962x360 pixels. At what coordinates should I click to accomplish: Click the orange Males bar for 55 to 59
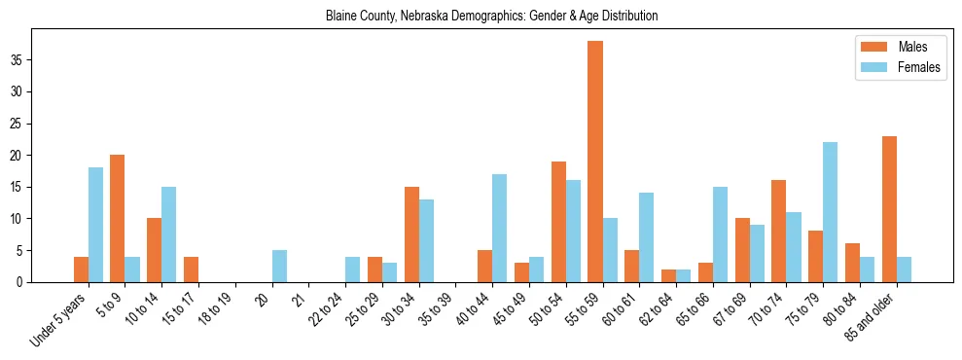click(595, 162)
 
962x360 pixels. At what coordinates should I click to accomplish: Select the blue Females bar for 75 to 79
click(830, 212)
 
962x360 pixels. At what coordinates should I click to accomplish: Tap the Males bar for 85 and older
click(889, 209)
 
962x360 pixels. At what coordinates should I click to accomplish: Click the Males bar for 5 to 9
click(118, 219)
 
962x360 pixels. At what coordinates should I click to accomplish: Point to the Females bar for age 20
click(279, 267)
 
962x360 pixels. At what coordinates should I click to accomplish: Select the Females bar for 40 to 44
click(500, 229)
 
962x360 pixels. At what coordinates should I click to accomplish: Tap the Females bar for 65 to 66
click(720, 234)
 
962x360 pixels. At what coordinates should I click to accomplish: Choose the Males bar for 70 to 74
click(779, 232)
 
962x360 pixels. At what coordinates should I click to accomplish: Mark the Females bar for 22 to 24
click(353, 270)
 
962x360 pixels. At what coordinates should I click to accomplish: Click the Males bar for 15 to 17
click(191, 270)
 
